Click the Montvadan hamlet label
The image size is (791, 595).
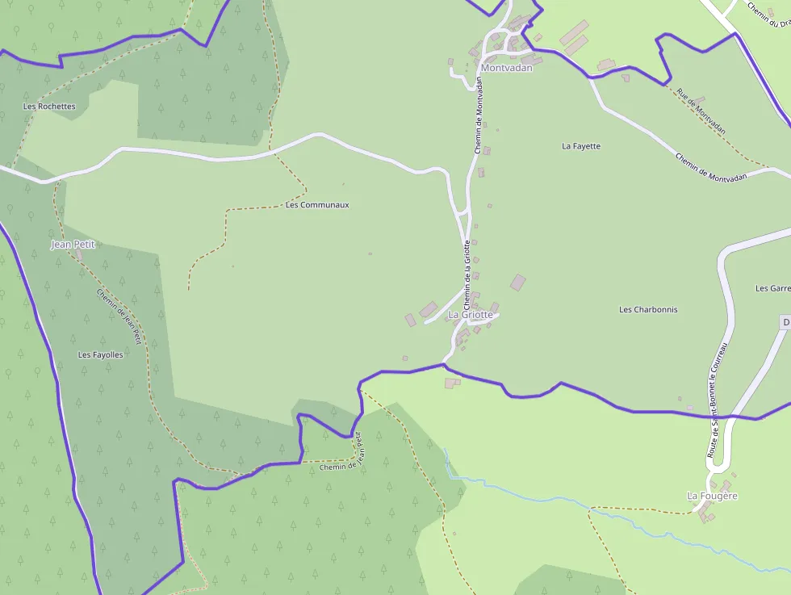506,68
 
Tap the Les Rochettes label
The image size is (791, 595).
49,106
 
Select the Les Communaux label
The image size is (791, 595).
317,205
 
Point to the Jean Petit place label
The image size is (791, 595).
73,244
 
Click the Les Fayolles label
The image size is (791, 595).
101,354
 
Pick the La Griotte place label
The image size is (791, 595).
470,314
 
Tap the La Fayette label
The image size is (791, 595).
581,146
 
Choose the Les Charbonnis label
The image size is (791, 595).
648,309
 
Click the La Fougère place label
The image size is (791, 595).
712,496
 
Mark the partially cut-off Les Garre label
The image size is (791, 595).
772,288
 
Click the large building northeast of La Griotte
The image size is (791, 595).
518,283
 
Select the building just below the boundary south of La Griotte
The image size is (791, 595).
450,383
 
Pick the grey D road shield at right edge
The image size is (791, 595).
785,322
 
